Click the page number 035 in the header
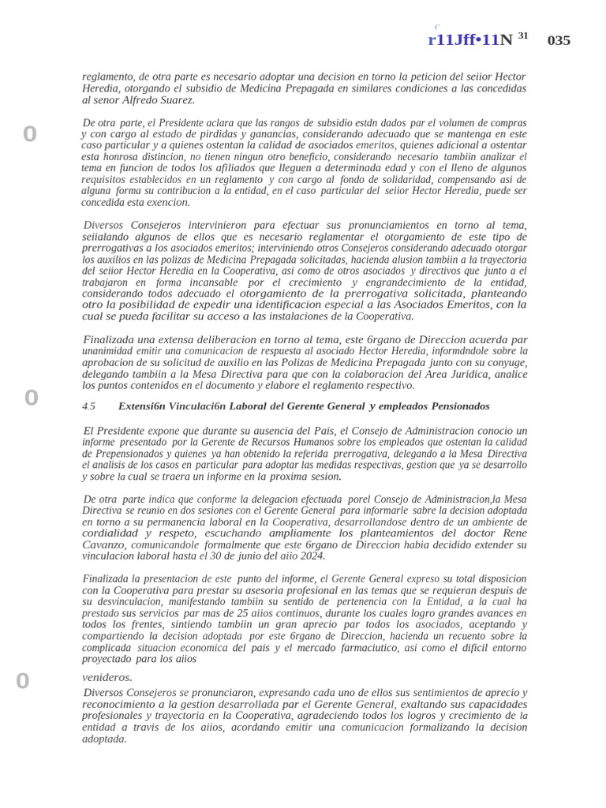click(x=559, y=40)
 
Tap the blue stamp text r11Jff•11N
click(x=470, y=40)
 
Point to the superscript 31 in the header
click(x=523, y=36)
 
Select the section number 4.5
click(x=88, y=406)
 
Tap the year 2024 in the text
click(x=311, y=555)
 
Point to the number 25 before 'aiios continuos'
click(x=216, y=613)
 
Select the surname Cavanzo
click(x=103, y=544)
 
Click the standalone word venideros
click(x=107, y=677)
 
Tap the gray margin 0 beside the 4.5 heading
click(x=31, y=398)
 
